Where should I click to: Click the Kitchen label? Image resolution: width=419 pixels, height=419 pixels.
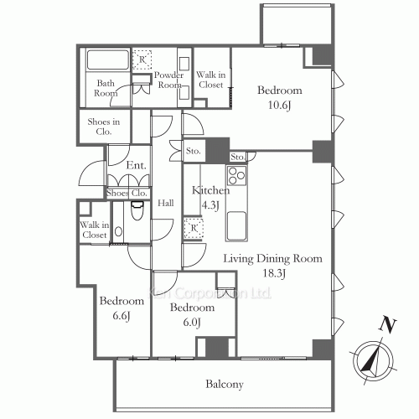click(x=205, y=191)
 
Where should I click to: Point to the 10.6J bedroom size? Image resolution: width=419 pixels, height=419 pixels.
click(x=279, y=105)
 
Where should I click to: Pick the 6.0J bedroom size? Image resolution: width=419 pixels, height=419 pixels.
click(x=184, y=322)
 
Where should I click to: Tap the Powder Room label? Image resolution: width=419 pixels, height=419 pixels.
click(x=168, y=80)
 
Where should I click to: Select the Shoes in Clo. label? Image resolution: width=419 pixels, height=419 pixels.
click(x=104, y=127)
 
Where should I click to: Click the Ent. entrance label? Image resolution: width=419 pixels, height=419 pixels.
click(x=137, y=166)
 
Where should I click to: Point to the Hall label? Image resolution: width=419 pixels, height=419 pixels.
click(x=166, y=203)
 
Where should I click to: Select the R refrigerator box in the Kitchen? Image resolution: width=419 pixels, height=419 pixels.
click(x=194, y=228)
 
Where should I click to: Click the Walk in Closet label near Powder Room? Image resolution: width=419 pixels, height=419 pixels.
click(x=209, y=80)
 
